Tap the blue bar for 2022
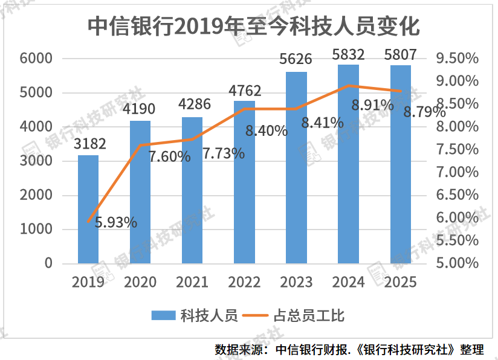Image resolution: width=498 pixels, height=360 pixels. point(244,182)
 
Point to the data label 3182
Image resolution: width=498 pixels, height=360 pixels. point(89,144)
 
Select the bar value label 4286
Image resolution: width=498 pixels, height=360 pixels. point(193,104)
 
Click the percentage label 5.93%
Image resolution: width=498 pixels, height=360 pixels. point(116,222)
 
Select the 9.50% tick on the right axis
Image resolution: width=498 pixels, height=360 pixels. point(458,59)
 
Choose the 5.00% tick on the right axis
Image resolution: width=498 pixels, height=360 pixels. point(458,263)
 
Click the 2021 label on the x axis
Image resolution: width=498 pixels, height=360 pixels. point(192,282)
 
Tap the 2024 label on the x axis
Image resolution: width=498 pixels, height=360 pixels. point(348,282)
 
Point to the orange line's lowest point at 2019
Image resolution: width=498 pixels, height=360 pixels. point(88,222)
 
